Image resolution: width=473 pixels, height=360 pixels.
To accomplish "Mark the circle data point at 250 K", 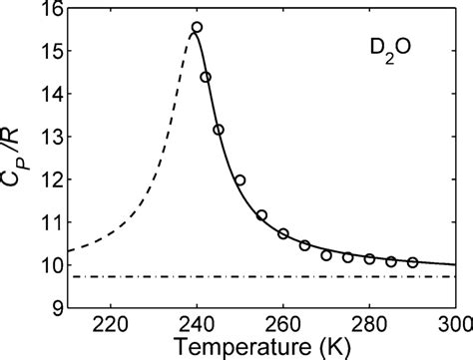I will click(x=239, y=180).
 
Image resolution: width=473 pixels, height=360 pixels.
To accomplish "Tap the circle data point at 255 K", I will click(x=261, y=215).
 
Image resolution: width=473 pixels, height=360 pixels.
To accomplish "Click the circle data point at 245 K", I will click(x=219, y=130).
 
